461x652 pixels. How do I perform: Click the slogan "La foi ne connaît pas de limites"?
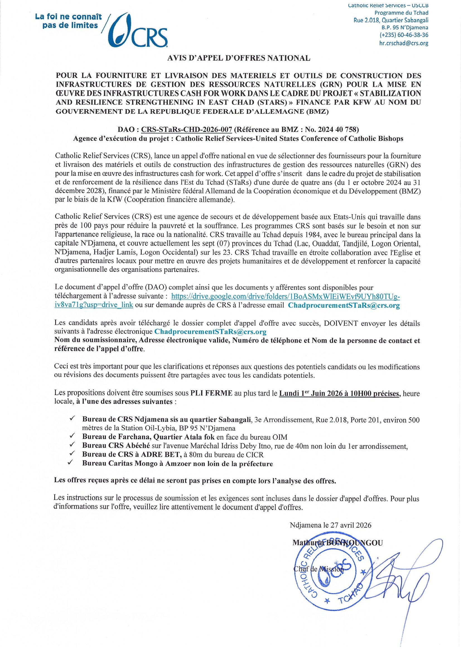(x=68, y=21)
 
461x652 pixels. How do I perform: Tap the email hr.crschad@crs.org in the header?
(x=404, y=43)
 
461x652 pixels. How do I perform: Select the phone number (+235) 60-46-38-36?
(x=404, y=35)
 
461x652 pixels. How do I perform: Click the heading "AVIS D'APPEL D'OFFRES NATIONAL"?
(x=239, y=58)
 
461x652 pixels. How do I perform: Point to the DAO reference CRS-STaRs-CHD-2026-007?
(x=187, y=129)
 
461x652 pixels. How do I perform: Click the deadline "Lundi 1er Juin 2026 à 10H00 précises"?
(x=339, y=393)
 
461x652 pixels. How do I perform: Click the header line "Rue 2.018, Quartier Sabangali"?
(x=391, y=20)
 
